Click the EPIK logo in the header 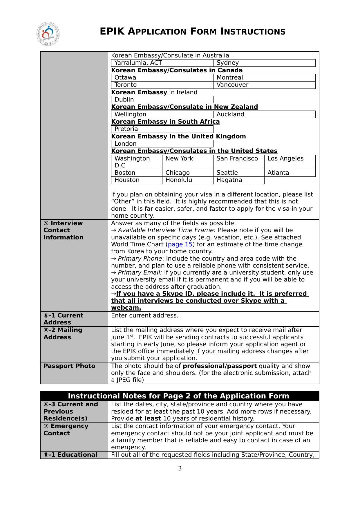(48, 34)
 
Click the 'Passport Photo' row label (69, 366)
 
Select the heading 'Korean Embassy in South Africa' (165, 122)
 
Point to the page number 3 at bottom (180, 468)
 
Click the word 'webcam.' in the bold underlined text (126, 308)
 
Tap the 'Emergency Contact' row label (66, 429)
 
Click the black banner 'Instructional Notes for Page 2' (178, 396)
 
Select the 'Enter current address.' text (144, 315)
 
